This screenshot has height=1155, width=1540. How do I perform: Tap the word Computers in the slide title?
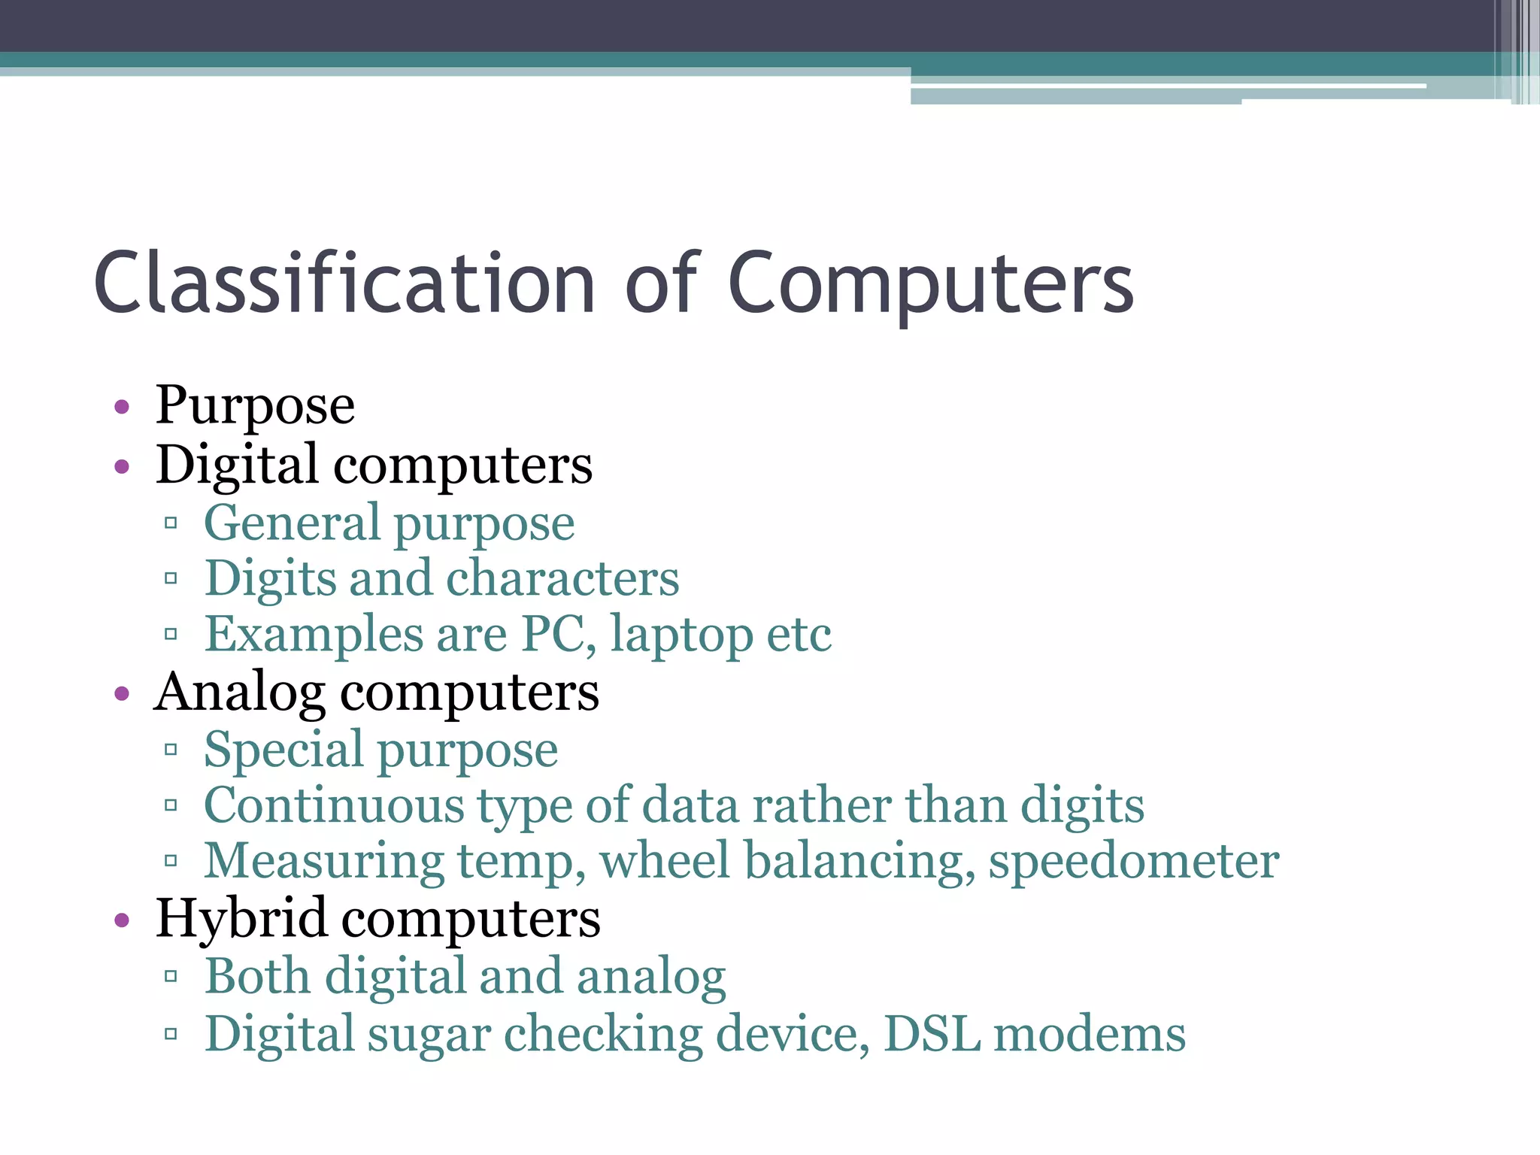930,283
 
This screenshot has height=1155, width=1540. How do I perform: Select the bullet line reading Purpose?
255,405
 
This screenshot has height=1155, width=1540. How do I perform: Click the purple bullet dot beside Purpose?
122,408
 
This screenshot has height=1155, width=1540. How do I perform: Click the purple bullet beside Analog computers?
122,693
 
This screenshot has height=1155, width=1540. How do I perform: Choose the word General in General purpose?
292,523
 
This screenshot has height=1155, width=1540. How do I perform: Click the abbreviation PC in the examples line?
553,634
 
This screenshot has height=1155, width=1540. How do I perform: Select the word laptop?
681,635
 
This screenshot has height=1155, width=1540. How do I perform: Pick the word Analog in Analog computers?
240,693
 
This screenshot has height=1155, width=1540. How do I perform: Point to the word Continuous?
334,805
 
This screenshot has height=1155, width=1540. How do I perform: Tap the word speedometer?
1133,861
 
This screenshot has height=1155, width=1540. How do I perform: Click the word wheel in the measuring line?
665,861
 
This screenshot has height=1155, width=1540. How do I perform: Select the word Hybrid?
241,919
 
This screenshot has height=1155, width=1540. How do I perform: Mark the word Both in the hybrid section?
257,976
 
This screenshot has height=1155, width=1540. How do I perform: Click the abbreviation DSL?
932,1034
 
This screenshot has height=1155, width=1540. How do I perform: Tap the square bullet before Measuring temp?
171,861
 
